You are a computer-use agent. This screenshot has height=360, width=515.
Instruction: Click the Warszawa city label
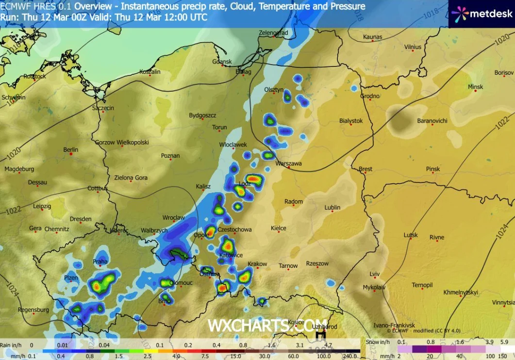click(288, 164)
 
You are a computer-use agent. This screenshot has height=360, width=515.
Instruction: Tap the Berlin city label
click(71, 150)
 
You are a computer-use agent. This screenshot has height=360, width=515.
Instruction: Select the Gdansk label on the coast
click(222, 62)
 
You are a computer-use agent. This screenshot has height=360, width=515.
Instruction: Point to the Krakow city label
click(257, 264)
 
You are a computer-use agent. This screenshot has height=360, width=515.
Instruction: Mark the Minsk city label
click(475, 87)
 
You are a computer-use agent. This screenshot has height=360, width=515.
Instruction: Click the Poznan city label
click(170, 156)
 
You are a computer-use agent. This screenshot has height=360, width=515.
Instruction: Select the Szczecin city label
click(103, 108)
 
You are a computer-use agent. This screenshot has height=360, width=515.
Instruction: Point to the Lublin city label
click(332, 208)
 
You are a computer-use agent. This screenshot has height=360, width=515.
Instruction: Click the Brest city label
click(365, 169)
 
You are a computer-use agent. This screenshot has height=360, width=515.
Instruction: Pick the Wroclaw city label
click(173, 218)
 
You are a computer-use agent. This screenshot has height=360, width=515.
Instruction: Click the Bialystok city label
click(351, 121)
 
